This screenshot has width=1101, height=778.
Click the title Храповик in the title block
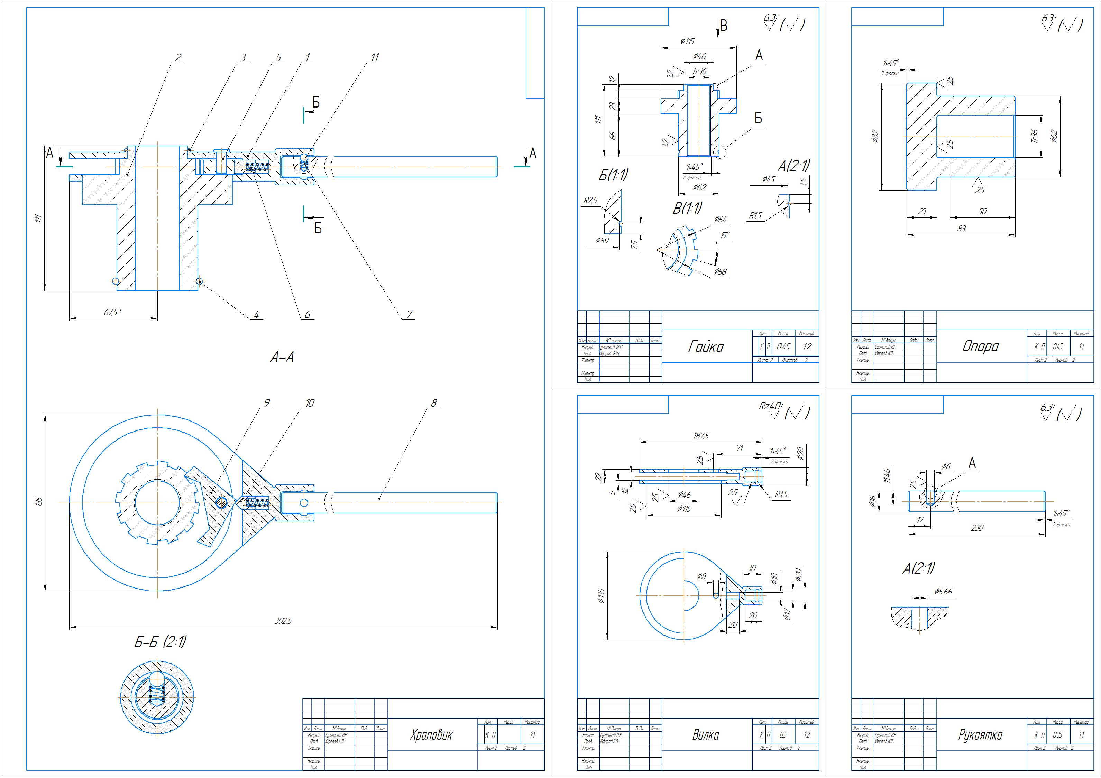click(x=431, y=734)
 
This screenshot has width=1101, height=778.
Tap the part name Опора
click(x=981, y=346)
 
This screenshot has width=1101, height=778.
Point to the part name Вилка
click(x=705, y=734)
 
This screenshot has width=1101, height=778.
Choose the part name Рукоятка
click(x=980, y=734)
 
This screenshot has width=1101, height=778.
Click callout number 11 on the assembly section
click(x=375, y=57)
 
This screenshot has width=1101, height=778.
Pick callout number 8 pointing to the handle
click(x=433, y=403)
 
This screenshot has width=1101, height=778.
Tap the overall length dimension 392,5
click(x=283, y=621)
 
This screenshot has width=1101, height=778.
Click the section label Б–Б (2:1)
click(x=160, y=642)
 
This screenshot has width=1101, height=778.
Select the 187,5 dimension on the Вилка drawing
click(x=700, y=436)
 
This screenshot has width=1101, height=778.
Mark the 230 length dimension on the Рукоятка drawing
click(x=977, y=528)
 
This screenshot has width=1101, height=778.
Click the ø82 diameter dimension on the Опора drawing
click(x=875, y=137)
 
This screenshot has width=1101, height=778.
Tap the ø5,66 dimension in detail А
click(x=943, y=592)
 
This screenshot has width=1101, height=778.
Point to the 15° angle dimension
click(x=725, y=235)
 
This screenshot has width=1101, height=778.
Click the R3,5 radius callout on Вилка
click(x=781, y=494)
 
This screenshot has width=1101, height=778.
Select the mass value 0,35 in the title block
click(x=1057, y=734)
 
